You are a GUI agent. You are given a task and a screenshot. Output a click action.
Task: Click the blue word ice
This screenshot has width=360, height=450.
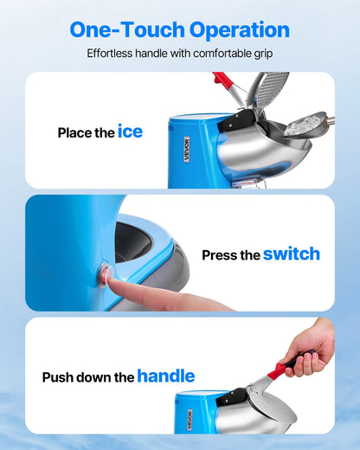click(130, 132)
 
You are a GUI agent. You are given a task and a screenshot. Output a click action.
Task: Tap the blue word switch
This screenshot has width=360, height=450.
click(291, 254)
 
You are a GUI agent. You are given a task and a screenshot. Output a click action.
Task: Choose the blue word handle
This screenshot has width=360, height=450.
click(165, 376)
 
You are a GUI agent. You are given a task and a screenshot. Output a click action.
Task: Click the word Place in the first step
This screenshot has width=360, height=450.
click(74, 133)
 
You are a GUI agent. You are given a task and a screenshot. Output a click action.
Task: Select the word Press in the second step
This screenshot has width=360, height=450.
click(218, 255)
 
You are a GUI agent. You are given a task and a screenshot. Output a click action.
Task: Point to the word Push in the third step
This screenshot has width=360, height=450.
click(58, 377)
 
